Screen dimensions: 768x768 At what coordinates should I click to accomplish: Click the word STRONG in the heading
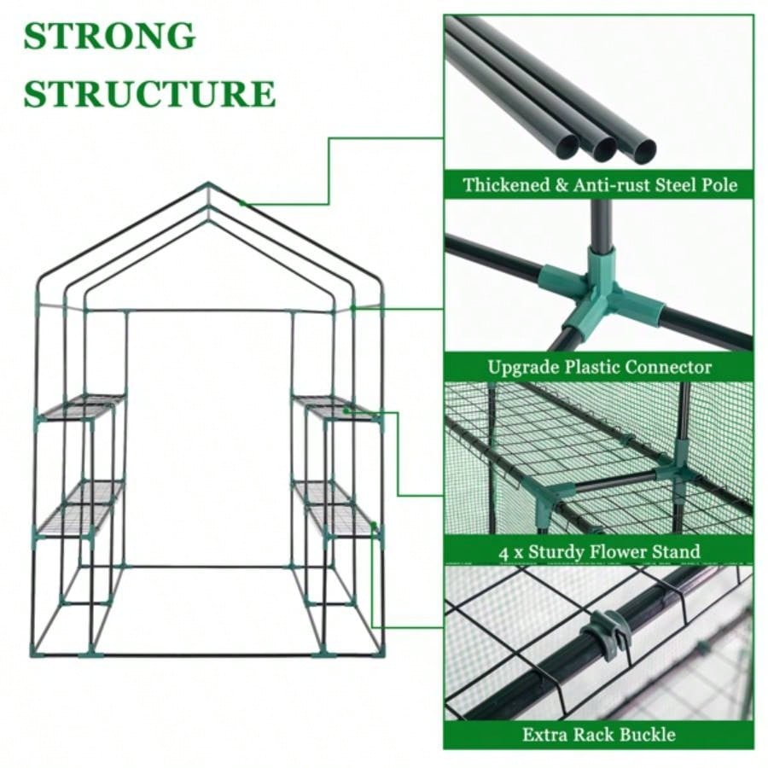(109, 37)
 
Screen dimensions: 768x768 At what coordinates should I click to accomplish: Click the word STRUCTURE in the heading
(149, 94)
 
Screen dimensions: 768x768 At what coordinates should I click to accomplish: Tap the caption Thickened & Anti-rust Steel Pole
(599, 184)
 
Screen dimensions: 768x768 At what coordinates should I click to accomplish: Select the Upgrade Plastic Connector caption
(599, 368)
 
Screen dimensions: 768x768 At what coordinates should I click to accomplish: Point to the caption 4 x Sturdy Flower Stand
(599, 551)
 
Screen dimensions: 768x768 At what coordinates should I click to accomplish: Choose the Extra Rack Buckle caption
(599, 734)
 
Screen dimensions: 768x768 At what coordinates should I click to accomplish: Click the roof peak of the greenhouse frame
(207, 185)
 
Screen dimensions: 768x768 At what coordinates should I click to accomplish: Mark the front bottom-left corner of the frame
(35, 654)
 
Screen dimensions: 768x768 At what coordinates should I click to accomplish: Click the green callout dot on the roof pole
(242, 203)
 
